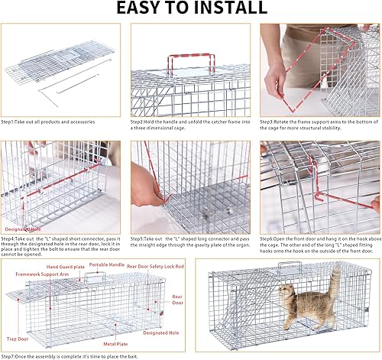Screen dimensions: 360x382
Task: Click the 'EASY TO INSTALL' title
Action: [x=190, y=9]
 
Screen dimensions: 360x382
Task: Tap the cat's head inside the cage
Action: [x=287, y=293]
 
